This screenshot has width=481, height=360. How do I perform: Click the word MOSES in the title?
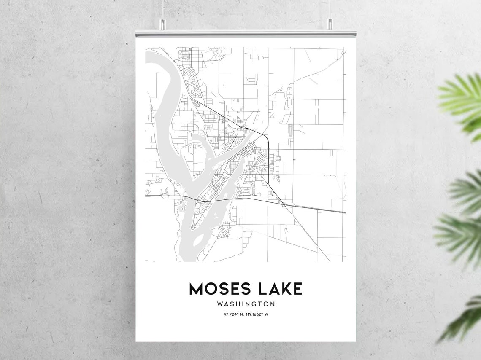click(219, 289)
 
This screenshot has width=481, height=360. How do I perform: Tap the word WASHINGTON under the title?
click(246, 304)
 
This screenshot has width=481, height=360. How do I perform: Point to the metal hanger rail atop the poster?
click(246, 33)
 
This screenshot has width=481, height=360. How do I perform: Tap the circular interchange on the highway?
click(284, 205)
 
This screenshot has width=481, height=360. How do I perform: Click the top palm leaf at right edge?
click(462, 101)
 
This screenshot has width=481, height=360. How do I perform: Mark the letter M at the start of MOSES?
click(196, 289)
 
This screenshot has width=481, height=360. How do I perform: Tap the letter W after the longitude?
click(266, 314)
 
